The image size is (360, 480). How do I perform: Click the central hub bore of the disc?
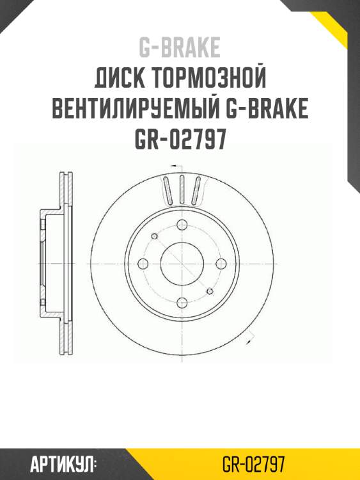(181, 263)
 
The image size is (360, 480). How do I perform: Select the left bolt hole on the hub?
(143, 264)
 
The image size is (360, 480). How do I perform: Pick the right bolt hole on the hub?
(221, 264)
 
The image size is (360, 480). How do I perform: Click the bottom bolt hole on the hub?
(182, 303)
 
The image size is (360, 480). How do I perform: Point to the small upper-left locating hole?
(153, 236)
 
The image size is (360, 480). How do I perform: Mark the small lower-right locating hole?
(210, 291)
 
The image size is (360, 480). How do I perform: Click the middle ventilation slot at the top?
(182, 189)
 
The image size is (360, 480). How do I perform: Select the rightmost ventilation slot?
(197, 191)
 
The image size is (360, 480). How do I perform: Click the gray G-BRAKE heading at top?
(180, 47)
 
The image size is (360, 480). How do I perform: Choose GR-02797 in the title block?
(180, 140)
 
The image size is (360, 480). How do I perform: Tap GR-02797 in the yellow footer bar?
(254, 464)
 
